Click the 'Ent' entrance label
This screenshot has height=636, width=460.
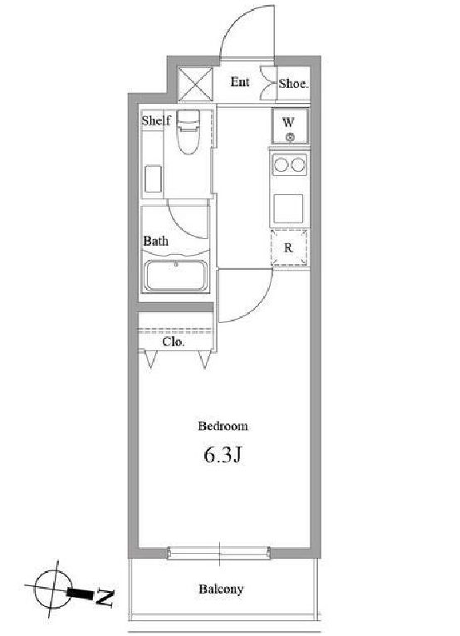pos(240,82)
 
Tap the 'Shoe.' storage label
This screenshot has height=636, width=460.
pos(294,84)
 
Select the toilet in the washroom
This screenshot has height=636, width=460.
pos(188,132)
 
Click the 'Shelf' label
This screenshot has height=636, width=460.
pos(156,120)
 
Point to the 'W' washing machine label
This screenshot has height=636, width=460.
pos(288,122)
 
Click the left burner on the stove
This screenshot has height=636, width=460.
pos(281,164)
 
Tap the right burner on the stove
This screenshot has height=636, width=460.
pos(297,164)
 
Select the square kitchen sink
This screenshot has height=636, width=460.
pos(288,208)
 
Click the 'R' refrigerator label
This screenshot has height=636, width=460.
pos(288,247)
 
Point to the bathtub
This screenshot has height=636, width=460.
pos(176,276)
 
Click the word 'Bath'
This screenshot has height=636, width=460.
pos(156,241)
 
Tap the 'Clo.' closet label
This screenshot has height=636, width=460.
pos(174,342)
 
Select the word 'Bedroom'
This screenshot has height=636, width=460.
pos(223,426)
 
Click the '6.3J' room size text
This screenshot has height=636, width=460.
pos(223,455)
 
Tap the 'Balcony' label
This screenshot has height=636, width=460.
pos(221,589)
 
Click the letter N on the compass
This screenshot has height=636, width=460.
pos(105,598)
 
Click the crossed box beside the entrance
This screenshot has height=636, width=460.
pos(195,85)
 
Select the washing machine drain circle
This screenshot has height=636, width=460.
pos(290,138)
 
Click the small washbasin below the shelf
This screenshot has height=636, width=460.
pos(154,179)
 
